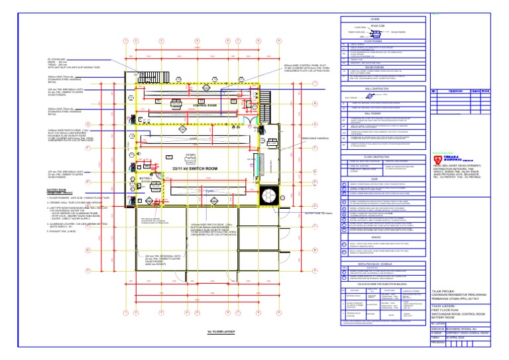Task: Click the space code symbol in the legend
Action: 378,30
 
